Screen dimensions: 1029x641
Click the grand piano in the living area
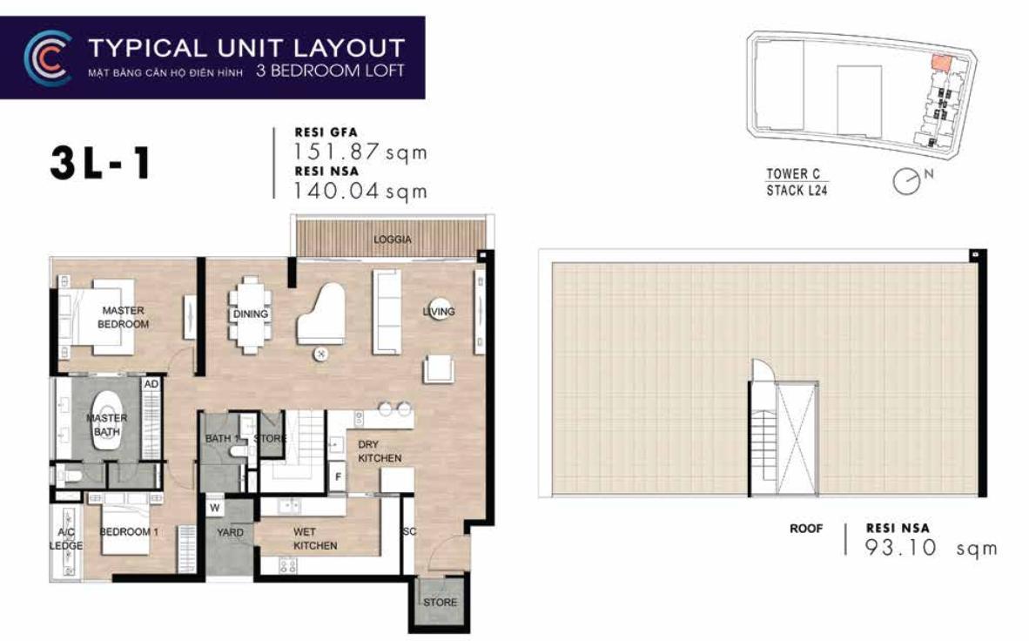point(320,315)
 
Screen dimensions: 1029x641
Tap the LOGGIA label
point(393,240)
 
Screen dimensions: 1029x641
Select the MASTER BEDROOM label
point(123,317)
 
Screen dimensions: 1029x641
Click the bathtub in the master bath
point(107,421)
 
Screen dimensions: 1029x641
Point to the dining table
point(250,314)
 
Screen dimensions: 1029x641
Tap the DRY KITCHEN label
point(380,451)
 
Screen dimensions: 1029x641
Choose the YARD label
point(230,533)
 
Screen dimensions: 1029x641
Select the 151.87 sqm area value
point(360,152)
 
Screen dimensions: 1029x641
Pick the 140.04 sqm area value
point(360,191)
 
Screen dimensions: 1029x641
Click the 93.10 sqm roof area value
point(931,548)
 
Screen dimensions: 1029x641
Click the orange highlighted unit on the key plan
point(941,63)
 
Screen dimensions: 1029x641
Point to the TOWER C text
point(793,174)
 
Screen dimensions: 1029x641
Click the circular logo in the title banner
point(47,57)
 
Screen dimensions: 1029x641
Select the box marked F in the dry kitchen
point(337,476)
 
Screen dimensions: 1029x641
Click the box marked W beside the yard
point(215,508)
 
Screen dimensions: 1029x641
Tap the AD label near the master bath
point(151,384)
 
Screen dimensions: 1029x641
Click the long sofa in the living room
point(387,312)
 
